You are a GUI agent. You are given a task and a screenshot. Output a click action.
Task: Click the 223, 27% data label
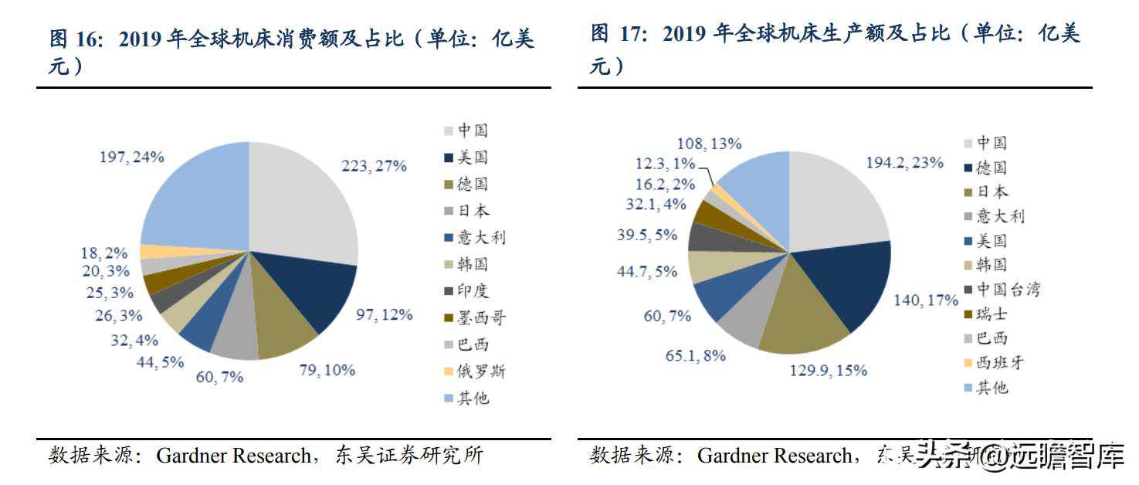point(374,166)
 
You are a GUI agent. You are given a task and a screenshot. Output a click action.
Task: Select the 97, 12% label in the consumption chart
point(384,314)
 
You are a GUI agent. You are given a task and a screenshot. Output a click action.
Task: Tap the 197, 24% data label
point(131,158)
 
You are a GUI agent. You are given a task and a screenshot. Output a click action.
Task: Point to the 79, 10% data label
point(327,370)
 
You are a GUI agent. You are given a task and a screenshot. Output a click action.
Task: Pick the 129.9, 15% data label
point(828,371)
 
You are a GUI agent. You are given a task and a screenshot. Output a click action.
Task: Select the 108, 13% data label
point(709,144)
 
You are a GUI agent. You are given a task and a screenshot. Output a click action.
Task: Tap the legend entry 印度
point(473,291)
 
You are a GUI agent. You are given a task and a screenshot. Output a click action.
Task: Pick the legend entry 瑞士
point(992,314)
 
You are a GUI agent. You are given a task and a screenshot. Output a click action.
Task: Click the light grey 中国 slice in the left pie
point(301,201)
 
